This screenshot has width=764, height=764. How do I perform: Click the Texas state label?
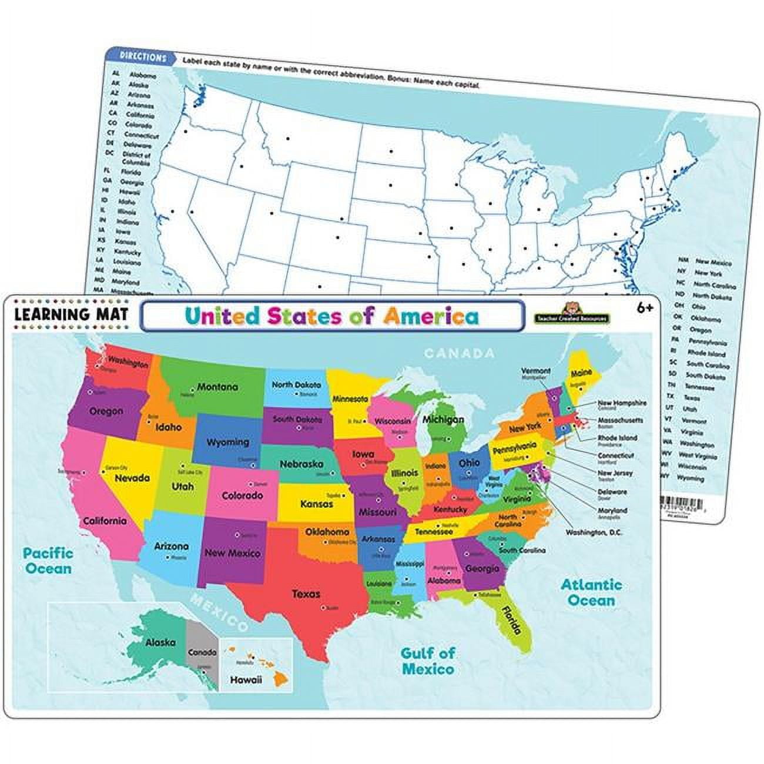click(x=306, y=594)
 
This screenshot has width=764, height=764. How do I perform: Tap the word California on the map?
click(x=105, y=521)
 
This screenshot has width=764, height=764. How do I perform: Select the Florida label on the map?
click(x=511, y=619)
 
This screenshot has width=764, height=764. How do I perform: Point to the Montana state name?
click(x=217, y=387)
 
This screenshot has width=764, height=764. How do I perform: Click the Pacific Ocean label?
click(x=48, y=561)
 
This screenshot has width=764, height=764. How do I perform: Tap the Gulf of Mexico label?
click(x=427, y=661)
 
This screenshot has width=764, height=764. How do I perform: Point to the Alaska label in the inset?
click(x=160, y=642)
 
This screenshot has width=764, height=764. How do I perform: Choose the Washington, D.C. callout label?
click(x=594, y=532)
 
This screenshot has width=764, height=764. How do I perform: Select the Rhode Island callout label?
click(x=617, y=438)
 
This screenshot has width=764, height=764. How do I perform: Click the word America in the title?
click(x=430, y=317)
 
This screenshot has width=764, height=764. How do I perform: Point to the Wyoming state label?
click(x=229, y=442)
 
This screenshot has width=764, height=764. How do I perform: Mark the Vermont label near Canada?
click(x=535, y=371)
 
